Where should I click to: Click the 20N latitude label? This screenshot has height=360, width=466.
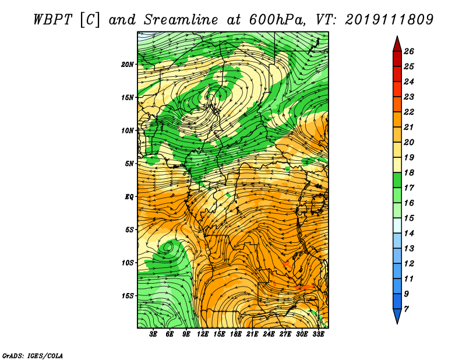[x=128, y=64]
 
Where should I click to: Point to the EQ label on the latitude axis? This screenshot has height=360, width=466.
[x=129, y=196]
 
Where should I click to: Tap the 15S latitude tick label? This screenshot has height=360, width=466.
[x=128, y=295]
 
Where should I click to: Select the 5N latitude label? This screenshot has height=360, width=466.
[x=129, y=164]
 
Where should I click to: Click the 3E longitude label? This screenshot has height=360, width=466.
[x=153, y=334]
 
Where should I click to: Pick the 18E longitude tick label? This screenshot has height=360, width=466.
[x=236, y=334]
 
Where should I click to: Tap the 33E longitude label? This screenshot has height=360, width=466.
[x=318, y=334]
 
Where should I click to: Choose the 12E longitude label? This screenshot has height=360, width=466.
[x=202, y=334]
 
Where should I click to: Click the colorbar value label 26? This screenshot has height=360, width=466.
[x=409, y=51]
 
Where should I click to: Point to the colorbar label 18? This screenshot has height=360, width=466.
[x=409, y=172]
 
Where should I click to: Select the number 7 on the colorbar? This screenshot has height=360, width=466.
[x=406, y=309]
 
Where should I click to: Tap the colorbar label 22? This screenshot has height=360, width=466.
[x=409, y=112]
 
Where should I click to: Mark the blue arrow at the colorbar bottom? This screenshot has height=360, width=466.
[x=397, y=315]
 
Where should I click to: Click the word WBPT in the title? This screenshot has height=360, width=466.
[x=53, y=20]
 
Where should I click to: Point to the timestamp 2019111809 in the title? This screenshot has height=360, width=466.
[x=389, y=20]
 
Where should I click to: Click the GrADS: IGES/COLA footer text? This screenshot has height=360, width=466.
[x=33, y=355]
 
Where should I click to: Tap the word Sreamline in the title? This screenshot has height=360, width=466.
[x=181, y=20]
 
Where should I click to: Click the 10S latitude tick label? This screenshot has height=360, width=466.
[x=128, y=263]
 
